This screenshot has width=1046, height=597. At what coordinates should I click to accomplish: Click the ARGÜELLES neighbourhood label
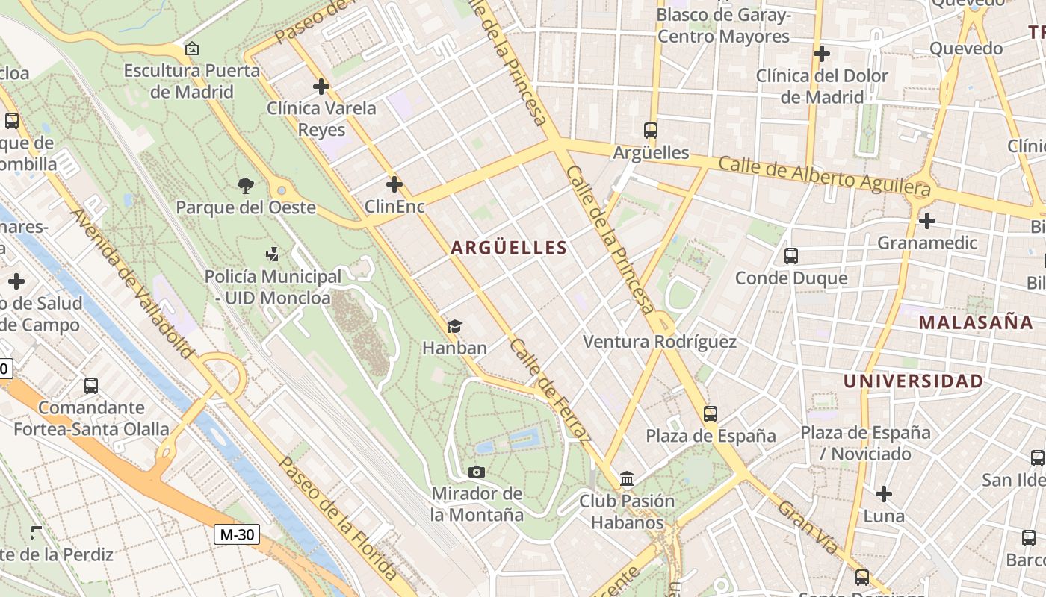[x=508, y=248]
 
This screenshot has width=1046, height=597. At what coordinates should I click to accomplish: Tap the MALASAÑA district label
[x=976, y=322]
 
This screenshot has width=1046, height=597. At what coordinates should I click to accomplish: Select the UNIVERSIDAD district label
[x=913, y=381]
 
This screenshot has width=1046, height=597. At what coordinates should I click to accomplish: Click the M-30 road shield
[x=237, y=534]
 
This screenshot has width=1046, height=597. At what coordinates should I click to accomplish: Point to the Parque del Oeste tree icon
[x=245, y=185]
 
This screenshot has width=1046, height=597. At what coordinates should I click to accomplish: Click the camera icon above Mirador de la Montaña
[x=477, y=472]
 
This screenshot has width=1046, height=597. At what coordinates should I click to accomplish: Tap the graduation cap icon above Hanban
[x=454, y=326]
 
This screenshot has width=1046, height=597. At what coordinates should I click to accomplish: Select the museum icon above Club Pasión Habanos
[x=627, y=478]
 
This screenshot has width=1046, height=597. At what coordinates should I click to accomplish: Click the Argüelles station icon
[x=651, y=131]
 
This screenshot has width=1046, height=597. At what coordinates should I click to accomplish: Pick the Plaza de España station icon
[x=711, y=413]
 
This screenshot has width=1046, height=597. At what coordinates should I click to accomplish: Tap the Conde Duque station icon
[x=791, y=256]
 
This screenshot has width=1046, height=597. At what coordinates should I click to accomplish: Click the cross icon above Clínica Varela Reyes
[x=321, y=87]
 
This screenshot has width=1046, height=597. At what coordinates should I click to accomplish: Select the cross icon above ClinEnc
[x=394, y=184]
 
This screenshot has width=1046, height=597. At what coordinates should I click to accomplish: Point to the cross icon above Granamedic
[x=927, y=221]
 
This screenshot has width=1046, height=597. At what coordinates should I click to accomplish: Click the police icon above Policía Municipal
[x=273, y=254]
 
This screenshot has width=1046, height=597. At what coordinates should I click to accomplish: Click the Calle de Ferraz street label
[x=551, y=389]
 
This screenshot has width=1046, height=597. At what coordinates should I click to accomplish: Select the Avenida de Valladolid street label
[x=132, y=283]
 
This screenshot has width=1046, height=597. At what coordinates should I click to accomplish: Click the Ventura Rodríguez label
[x=659, y=342]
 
